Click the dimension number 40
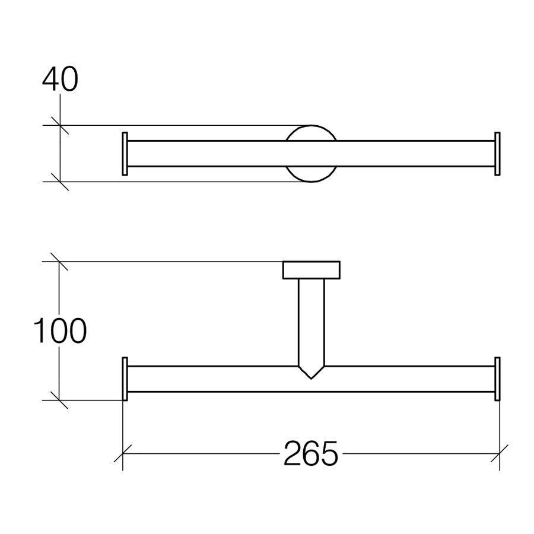[60, 80]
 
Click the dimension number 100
[60, 331]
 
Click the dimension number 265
[310, 454]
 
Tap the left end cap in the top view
[125, 154]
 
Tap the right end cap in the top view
[497, 154]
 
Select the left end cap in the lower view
[125, 379]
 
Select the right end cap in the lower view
[497, 379]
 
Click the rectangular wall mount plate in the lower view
[311, 270]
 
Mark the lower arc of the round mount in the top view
[311, 177]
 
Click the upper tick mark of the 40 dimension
[60, 125]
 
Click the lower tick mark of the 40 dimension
[60, 182]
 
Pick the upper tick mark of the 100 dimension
[59, 262]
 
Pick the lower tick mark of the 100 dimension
[59, 400]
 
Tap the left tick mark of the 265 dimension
[122, 454]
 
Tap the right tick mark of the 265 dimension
[500, 454]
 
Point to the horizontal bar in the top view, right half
[415, 154]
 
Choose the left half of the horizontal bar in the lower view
[214, 379]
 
